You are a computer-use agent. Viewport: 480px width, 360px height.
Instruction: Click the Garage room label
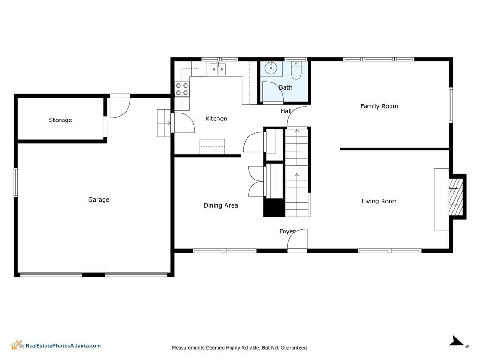(x=98, y=200)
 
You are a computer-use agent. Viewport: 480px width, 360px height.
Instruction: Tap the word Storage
(x=60, y=120)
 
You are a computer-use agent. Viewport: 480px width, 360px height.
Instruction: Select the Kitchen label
(x=216, y=119)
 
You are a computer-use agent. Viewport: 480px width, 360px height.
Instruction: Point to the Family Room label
(x=379, y=106)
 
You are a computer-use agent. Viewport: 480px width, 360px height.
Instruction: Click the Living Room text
(x=380, y=201)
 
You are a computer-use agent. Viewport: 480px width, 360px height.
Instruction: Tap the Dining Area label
(x=221, y=205)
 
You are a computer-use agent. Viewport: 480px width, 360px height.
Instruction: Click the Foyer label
(x=287, y=232)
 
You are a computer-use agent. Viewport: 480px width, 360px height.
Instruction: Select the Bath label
(x=285, y=88)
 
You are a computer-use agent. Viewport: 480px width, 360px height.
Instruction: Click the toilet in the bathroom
(x=296, y=70)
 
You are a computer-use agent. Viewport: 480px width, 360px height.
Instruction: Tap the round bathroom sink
(x=271, y=68)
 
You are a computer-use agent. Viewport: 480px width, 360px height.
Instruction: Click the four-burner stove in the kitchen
(x=182, y=89)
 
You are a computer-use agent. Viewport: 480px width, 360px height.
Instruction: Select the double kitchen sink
(x=217, y=69)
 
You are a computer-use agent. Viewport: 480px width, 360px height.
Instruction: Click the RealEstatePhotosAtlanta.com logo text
(x=63, y=346)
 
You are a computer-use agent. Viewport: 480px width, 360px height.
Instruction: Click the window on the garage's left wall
(x=15, y=182)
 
